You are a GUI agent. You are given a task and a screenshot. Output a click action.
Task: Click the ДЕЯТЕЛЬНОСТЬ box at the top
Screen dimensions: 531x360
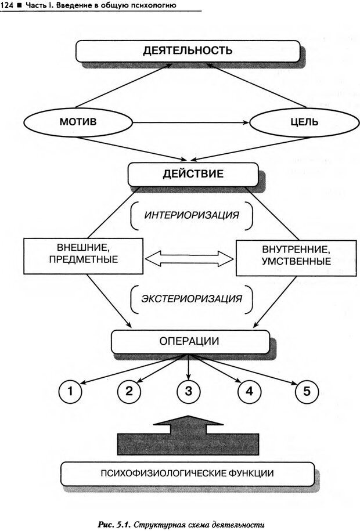point(188,50)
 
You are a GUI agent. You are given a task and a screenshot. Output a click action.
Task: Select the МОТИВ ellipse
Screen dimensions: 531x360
point(78,123)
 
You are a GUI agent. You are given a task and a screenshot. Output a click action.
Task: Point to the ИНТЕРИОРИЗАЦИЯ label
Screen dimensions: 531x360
point(192,215)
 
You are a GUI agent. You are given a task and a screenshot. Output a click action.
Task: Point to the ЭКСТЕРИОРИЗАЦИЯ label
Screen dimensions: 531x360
point(192,299)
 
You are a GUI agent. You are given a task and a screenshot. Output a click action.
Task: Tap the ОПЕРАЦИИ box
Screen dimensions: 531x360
point(190,341)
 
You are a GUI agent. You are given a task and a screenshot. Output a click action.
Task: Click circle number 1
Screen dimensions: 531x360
point(70,392)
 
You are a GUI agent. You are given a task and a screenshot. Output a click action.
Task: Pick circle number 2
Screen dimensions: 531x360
point(129,392)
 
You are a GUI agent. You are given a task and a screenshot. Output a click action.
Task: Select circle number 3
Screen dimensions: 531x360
point(188,392)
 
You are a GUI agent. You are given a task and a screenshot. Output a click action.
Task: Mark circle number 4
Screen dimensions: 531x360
point(249,392)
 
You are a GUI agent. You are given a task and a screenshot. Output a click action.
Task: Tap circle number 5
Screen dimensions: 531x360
point(306,392)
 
